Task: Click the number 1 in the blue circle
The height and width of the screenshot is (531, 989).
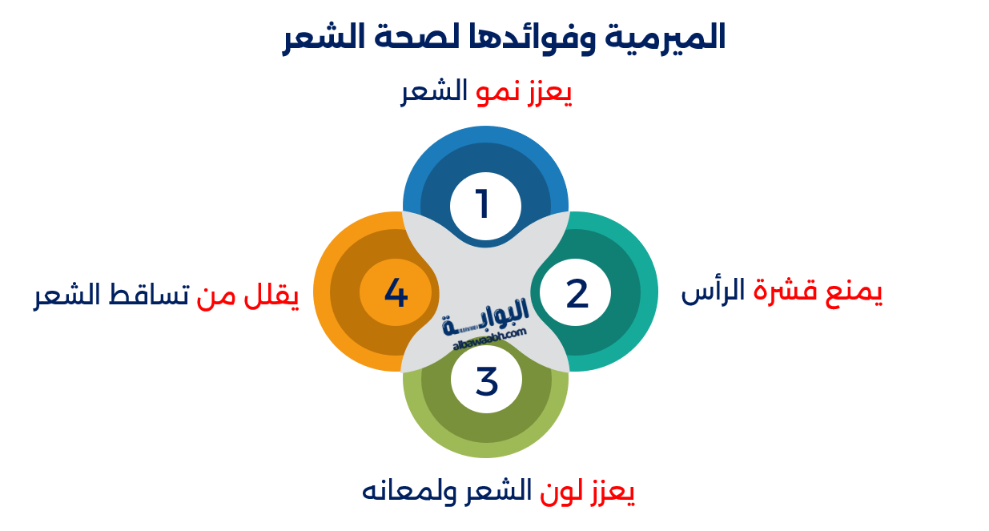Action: tap(483, 204)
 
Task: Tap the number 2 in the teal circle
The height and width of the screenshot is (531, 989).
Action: tap(577, 294)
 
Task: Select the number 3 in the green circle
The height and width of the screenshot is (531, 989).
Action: tap(486, 381)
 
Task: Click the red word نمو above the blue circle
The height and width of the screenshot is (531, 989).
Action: tap(494, 93)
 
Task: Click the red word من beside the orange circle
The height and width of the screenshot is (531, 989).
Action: tap(216, 296)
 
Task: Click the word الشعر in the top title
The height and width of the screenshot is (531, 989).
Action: tap(316, 38)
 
